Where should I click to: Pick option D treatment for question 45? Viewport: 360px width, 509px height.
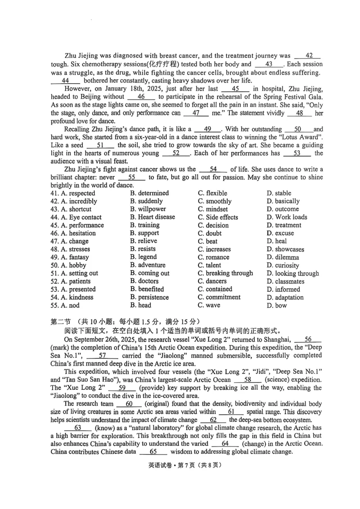pos(284,225)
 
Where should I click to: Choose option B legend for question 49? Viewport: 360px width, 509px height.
pos(144,257)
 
